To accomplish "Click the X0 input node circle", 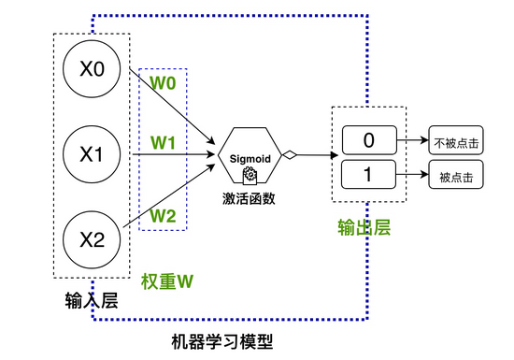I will pos(92,71).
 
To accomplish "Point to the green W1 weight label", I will pos(164,144).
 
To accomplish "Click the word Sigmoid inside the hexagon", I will pos(250,158).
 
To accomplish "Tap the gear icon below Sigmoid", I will pos(250,175).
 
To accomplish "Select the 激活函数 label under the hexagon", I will pos(250,198).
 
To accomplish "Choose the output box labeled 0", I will pos(368,141).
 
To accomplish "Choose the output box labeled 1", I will pos(368,174).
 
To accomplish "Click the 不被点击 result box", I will pos(455,143).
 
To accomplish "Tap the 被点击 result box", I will pos(455,175).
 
